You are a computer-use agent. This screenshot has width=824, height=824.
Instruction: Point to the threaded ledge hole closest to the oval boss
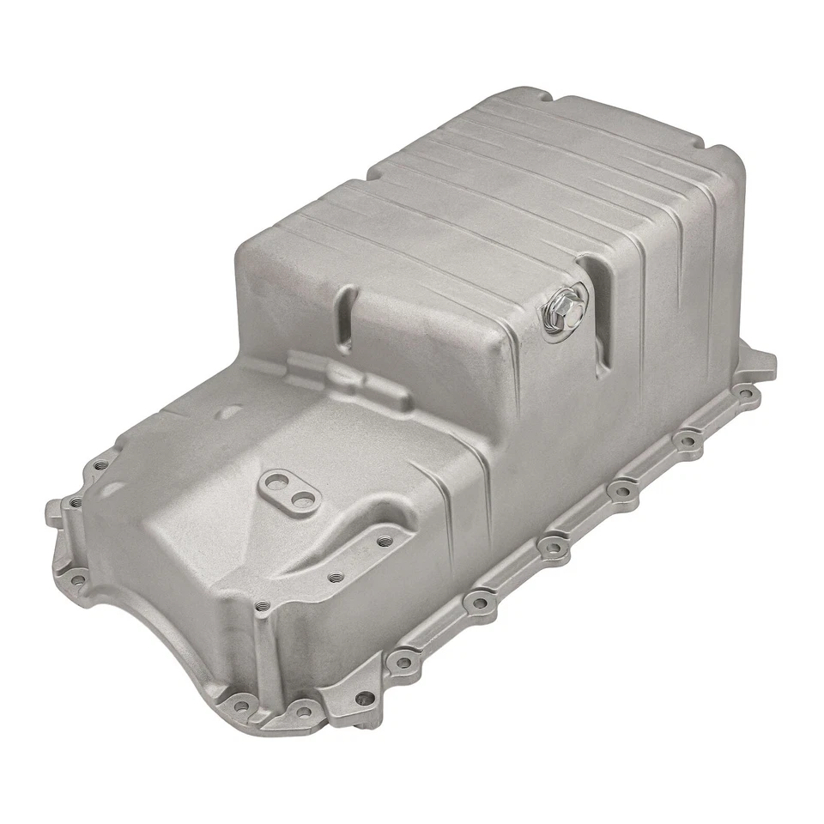383,541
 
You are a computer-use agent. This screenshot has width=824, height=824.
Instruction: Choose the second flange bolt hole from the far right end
686,442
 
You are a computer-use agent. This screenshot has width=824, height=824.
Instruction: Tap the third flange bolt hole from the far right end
620,492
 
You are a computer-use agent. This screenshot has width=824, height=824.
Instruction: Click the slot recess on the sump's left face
346,321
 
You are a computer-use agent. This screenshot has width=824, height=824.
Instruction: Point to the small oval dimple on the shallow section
227,413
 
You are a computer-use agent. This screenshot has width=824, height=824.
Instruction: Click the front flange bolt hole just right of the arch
241,707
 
